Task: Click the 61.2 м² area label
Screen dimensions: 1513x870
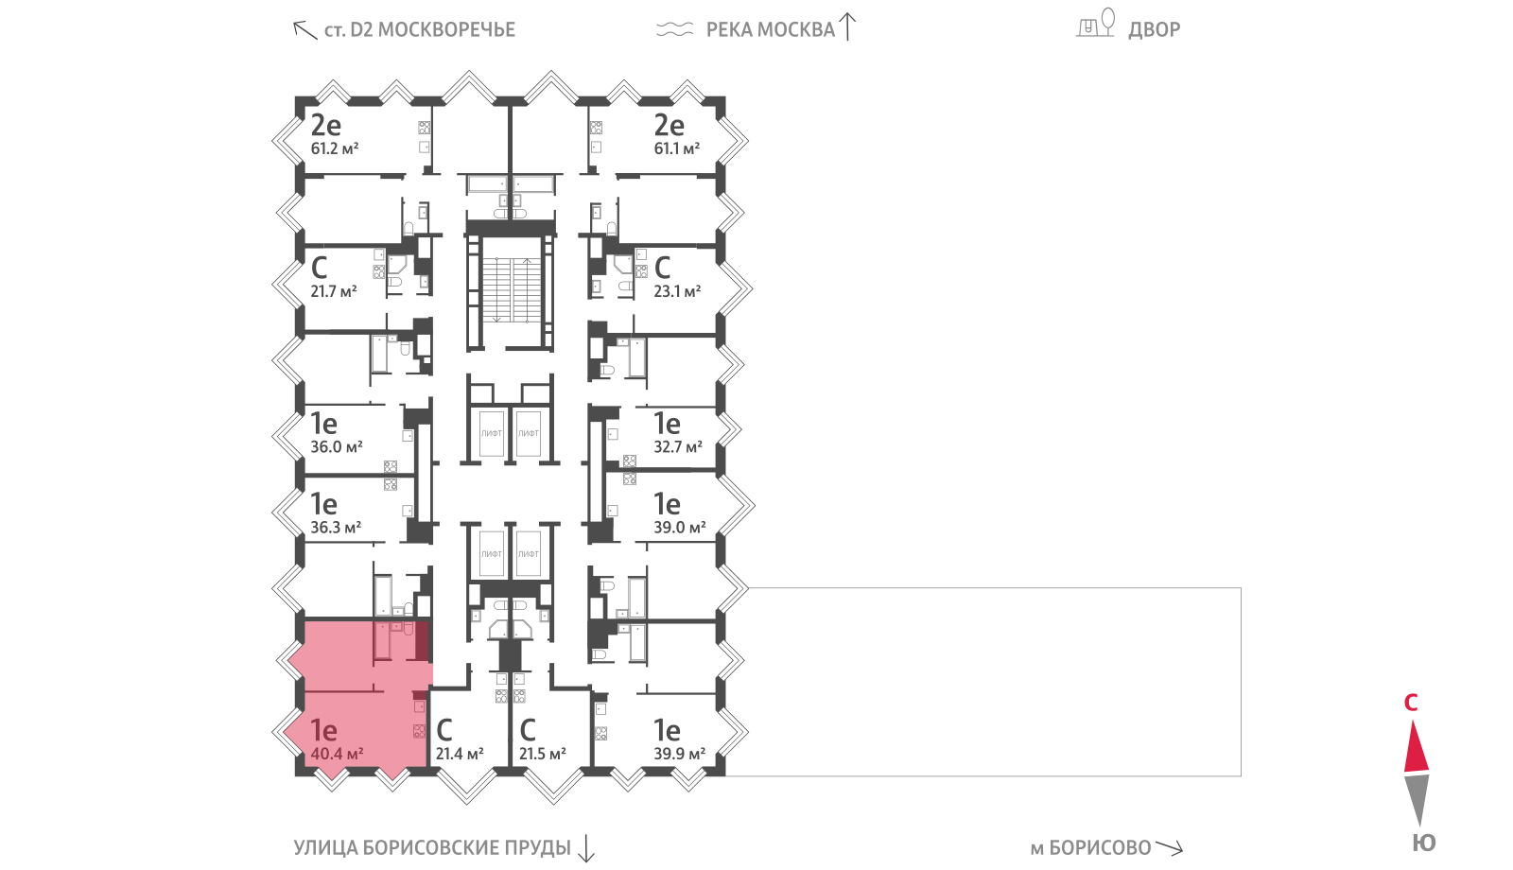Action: point(335,148)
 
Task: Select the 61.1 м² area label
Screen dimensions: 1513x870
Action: point(677,148)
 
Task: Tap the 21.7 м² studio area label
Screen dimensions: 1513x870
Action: point(334,292)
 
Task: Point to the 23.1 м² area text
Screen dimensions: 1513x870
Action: point(677,292)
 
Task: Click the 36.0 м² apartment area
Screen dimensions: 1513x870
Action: point(337,447)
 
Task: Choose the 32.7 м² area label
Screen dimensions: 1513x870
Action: point(678,447)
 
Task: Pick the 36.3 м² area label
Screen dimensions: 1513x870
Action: point(336,528)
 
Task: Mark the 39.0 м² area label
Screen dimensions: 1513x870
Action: point(680,528)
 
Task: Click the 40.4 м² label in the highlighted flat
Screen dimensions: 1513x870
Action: point(337,754)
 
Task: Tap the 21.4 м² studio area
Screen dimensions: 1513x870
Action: point(460,754)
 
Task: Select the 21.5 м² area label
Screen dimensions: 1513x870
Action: point(543,754)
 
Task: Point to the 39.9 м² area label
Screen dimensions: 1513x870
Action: point(680,754)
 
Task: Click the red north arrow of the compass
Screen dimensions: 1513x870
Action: point(1417,748)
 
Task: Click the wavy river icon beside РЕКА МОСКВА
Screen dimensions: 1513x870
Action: point(675,29)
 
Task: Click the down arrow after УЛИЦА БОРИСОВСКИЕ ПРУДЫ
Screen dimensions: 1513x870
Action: point(586,848)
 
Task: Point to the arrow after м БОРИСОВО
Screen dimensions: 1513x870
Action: point(1169,847)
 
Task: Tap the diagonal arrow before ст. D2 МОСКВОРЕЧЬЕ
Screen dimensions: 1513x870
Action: point(304,30)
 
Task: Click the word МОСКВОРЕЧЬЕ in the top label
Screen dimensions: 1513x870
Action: point(446,29)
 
